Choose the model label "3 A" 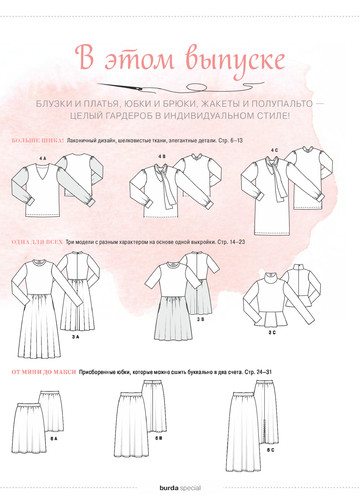click(76, 338)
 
